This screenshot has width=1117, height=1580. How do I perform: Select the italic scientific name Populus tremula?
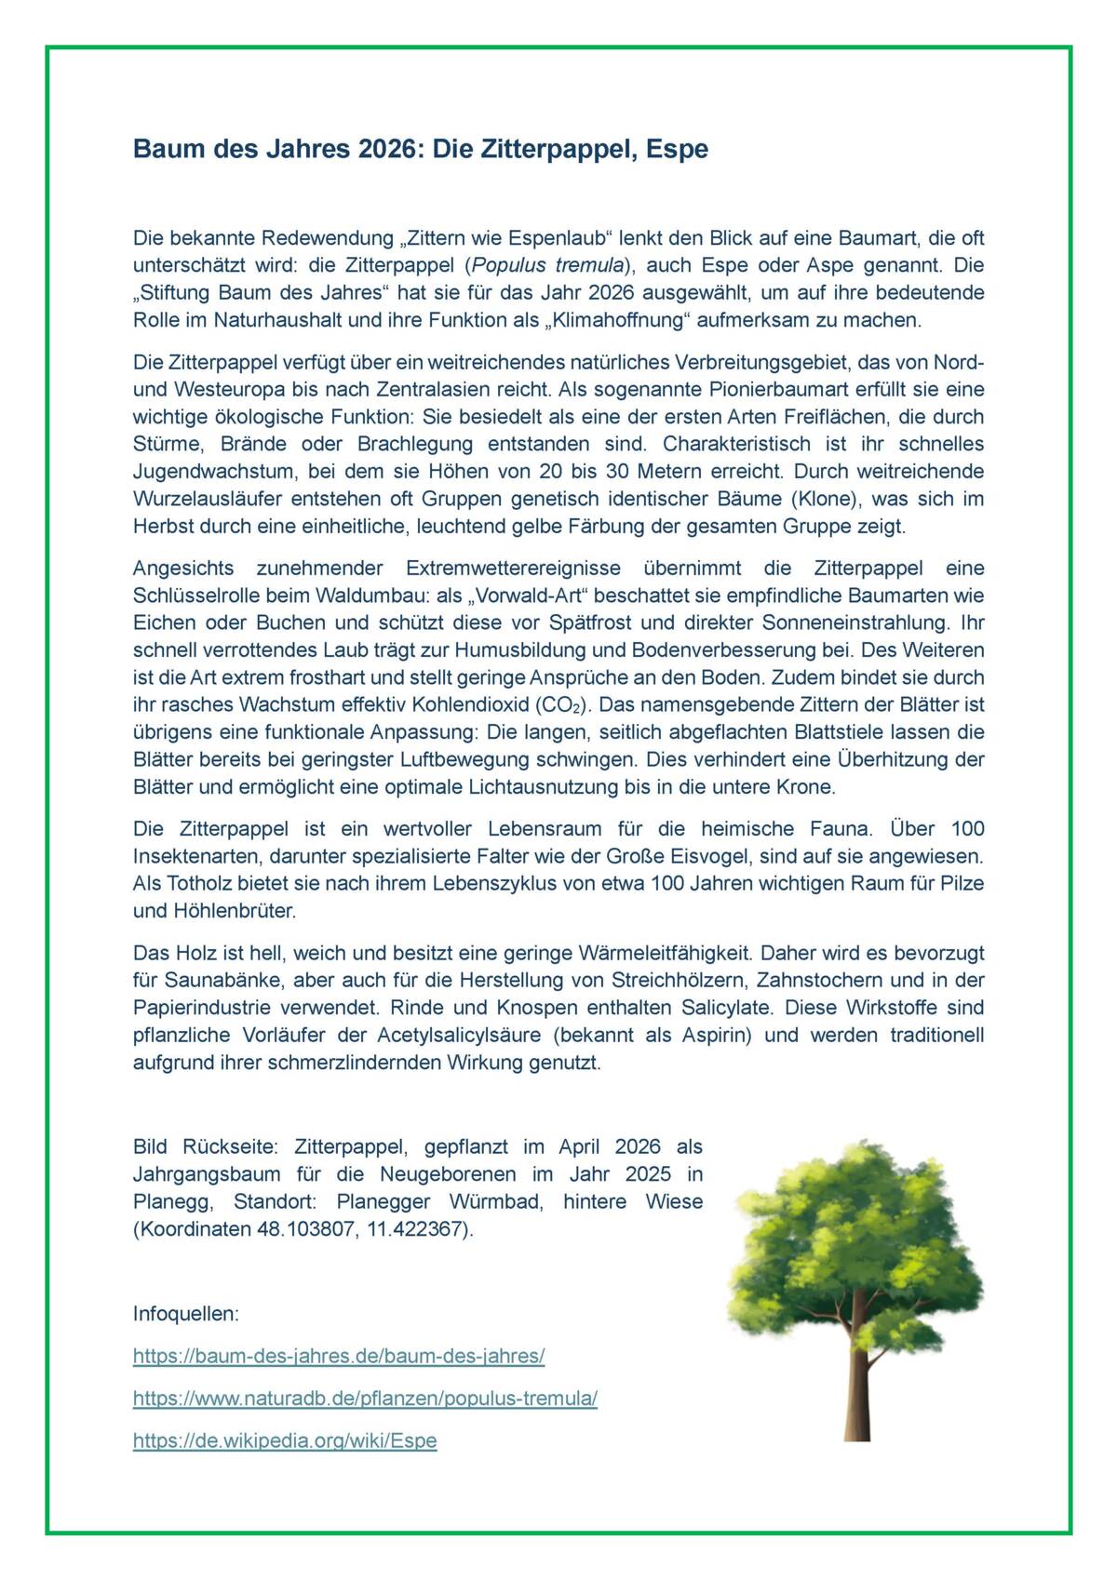point(548,265)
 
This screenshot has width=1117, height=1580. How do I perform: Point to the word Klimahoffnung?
point(612,320)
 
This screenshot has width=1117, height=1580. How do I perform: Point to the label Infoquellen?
point(186,1314)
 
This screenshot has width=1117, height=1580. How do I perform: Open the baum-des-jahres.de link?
point(339,1356)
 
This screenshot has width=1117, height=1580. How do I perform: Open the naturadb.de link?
point(365,1399)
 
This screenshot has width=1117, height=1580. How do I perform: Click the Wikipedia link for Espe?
point(285,1440)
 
